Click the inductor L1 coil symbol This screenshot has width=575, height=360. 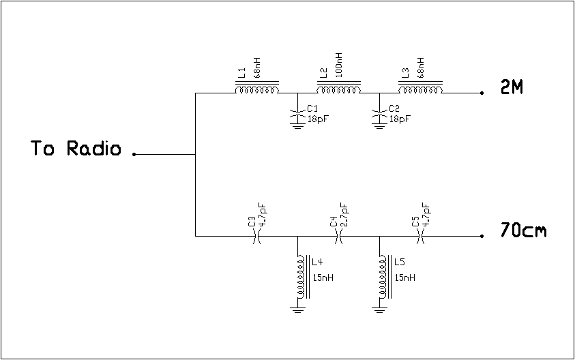[257, 90]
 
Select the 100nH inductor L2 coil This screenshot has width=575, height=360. [339, 90]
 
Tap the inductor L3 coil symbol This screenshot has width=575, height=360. [420, 90]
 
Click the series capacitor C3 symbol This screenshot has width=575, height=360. [257, 236]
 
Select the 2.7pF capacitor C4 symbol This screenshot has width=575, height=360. [339, 236]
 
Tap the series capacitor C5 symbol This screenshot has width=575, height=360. [420, 236]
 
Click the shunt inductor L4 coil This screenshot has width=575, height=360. [300, 277]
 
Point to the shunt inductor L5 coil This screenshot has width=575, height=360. [382, 277]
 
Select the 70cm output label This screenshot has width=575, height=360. [523, 231]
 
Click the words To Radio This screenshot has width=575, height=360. [76, 149]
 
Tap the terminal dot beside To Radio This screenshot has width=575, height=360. [134, 155]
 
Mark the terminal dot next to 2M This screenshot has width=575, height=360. [482, 93]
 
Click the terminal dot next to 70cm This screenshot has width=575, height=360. [482, 237]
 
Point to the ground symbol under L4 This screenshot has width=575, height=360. [297, 310]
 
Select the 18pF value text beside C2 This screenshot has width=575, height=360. [400, 119]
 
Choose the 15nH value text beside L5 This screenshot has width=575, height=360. [404, 277]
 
